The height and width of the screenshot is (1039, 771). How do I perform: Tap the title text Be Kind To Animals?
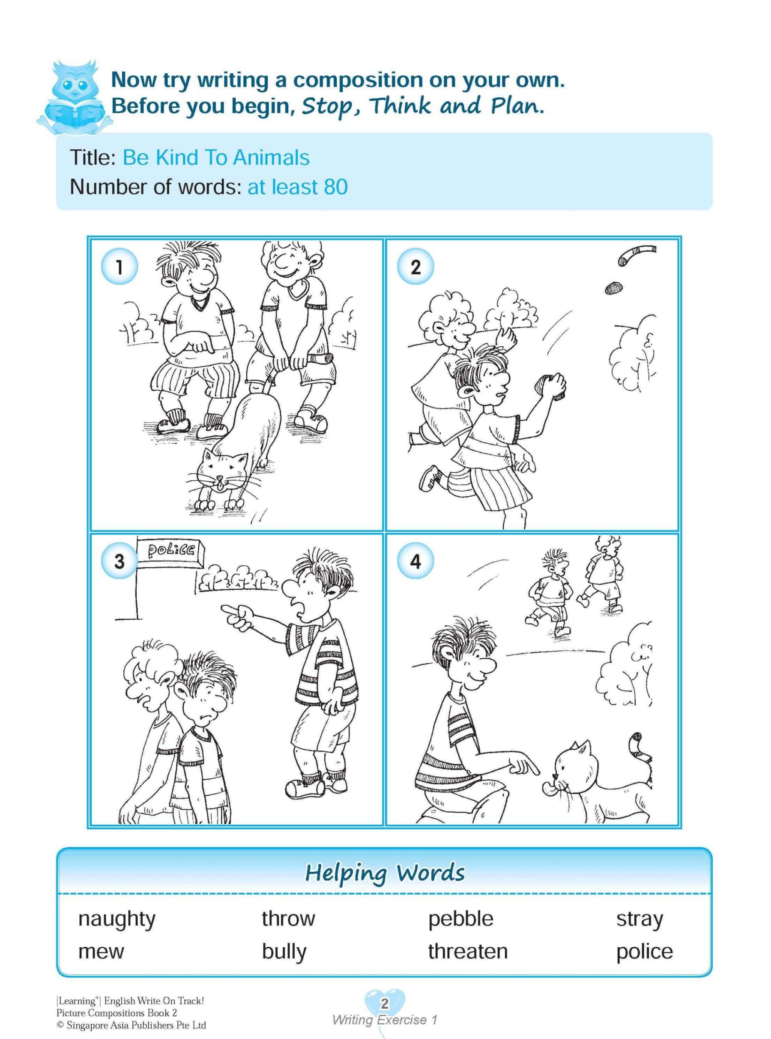(x=215, y=158)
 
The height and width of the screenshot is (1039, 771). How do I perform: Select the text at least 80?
(x=297, y=187)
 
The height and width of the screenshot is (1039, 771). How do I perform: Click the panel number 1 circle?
(x=119, y=267)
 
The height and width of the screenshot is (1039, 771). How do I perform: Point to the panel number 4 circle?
(x=415, y=562)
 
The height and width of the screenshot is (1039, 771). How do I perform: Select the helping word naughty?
(x=117, y=919)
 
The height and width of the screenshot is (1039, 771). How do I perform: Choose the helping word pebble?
(x=460, y=919)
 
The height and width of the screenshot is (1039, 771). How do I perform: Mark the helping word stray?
(x=640, y=919)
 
